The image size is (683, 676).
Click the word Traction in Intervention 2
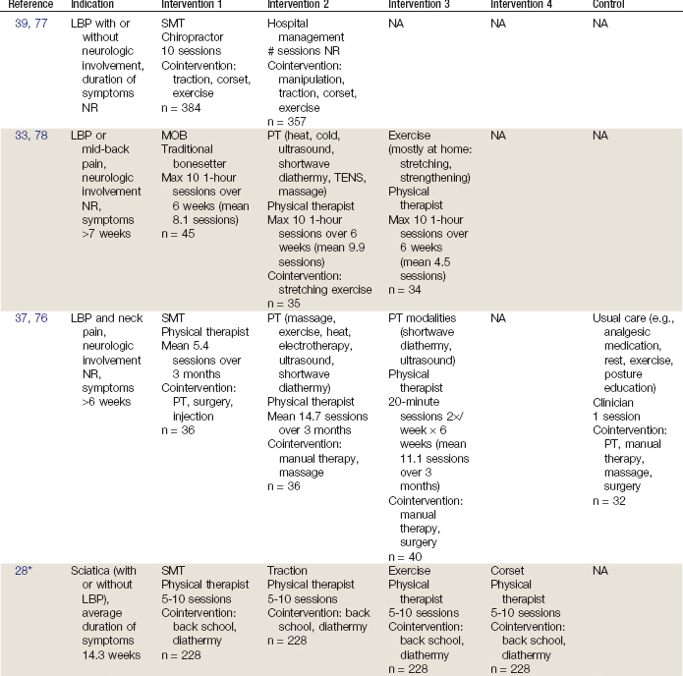[x=288, y=570]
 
